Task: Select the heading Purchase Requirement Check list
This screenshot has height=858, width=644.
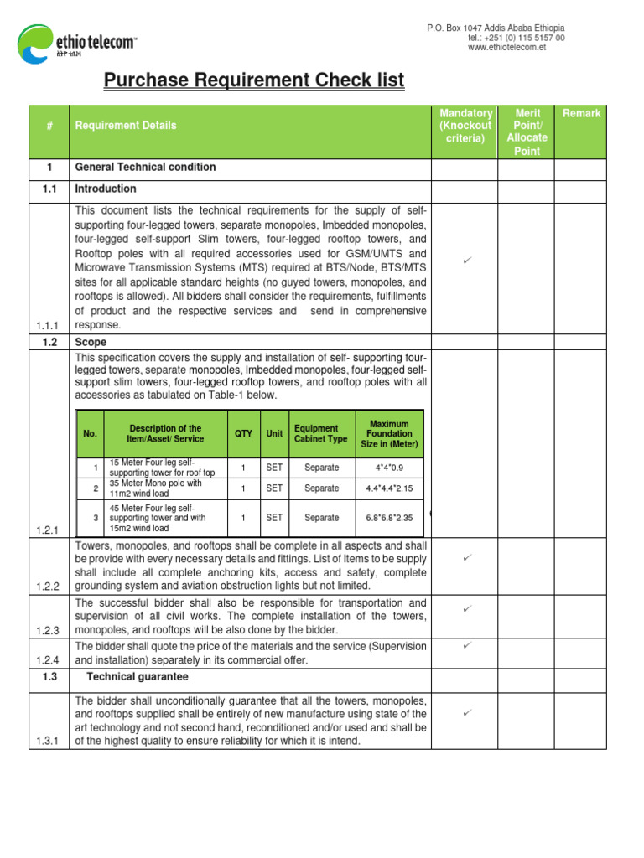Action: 253,80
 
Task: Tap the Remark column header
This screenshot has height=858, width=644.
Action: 581,113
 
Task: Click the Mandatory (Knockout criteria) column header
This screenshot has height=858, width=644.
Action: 465,126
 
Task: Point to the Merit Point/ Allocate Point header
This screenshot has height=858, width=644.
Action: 527,132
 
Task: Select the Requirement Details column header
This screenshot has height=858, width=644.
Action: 126,126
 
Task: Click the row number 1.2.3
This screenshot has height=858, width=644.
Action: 49,630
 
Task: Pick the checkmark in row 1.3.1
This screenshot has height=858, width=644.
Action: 467,712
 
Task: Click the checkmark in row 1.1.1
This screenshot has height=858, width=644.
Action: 467,263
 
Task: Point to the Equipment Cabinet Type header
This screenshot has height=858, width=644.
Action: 321,433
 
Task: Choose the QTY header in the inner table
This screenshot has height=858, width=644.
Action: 243,433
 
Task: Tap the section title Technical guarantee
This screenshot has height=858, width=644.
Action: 138,677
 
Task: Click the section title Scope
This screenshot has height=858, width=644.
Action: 91,343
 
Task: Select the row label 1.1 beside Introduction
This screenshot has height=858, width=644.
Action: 49,189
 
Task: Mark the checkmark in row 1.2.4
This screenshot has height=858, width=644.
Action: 467,645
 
